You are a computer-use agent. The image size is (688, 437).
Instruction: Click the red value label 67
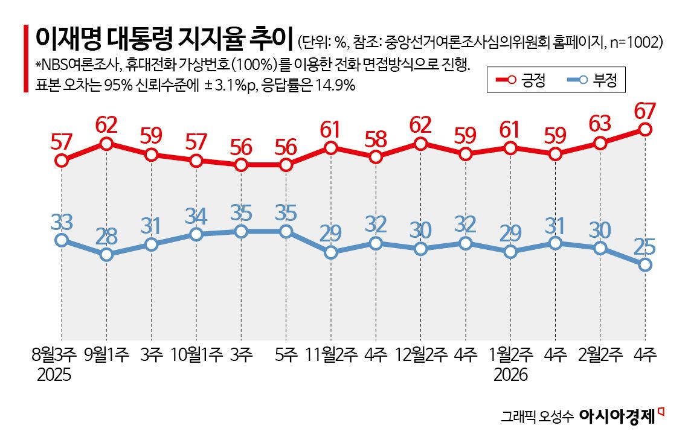[645, 112]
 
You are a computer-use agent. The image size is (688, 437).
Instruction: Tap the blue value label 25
[645, 247]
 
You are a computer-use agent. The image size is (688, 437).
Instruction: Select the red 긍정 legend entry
[520, 80]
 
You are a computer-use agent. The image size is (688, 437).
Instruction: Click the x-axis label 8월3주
[54, 355]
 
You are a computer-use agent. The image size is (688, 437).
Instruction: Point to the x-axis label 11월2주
[331, 355]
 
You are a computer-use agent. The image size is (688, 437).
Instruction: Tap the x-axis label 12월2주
[421, 355]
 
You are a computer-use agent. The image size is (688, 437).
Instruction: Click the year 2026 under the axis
[511, 375]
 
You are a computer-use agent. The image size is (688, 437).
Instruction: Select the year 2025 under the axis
[54, 375]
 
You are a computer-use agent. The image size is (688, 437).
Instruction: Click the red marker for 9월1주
[106, 144]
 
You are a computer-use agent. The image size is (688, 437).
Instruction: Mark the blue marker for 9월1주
[106, 254]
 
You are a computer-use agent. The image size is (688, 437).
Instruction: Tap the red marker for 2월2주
[600, 143]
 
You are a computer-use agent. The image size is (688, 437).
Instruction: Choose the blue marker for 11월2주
[331, 252]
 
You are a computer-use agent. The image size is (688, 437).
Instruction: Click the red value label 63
[600, 126]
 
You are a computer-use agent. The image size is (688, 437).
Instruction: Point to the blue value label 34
[196, 216]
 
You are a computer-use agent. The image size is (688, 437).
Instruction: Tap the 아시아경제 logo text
[617, 416]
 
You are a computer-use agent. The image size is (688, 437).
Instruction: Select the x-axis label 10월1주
[196, 355]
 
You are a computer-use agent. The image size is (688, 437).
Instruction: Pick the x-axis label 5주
[286, 355]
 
